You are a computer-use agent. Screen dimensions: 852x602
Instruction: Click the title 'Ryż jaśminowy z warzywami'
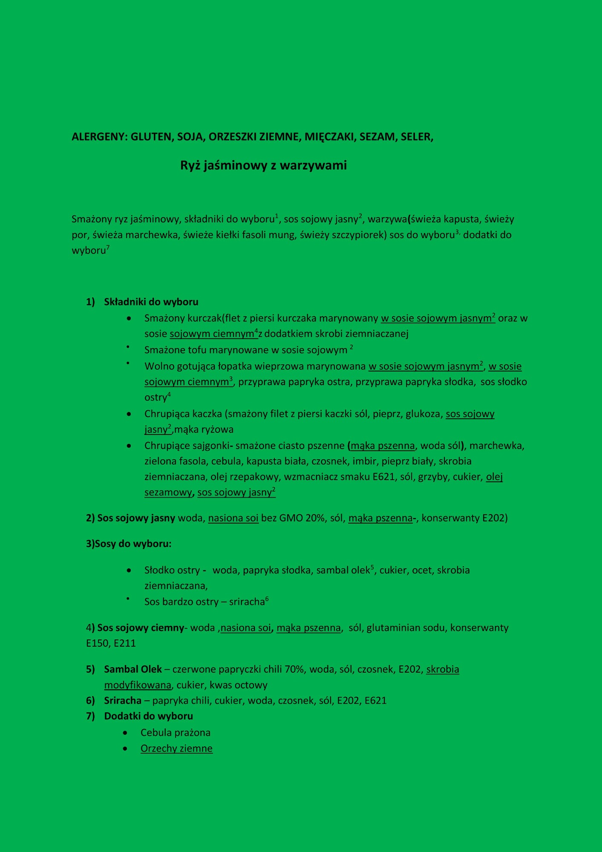pos(263,165)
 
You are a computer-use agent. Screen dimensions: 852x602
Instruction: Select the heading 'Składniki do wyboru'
pos(151,302)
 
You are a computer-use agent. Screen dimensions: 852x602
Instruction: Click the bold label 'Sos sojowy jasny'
pos(136,518)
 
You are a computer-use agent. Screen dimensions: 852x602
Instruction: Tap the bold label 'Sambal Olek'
pos(133,669)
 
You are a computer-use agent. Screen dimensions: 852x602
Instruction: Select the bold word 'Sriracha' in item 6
pos(123,700)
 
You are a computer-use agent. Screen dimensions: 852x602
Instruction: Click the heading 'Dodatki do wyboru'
pos(148,716)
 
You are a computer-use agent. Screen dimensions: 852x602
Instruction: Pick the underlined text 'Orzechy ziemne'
pos(176,748)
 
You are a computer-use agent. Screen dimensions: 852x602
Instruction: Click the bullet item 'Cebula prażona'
pos(176,733)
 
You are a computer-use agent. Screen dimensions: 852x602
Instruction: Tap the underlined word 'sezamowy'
pos(168,492)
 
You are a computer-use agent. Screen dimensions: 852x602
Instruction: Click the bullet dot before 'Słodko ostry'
pos(129,570)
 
